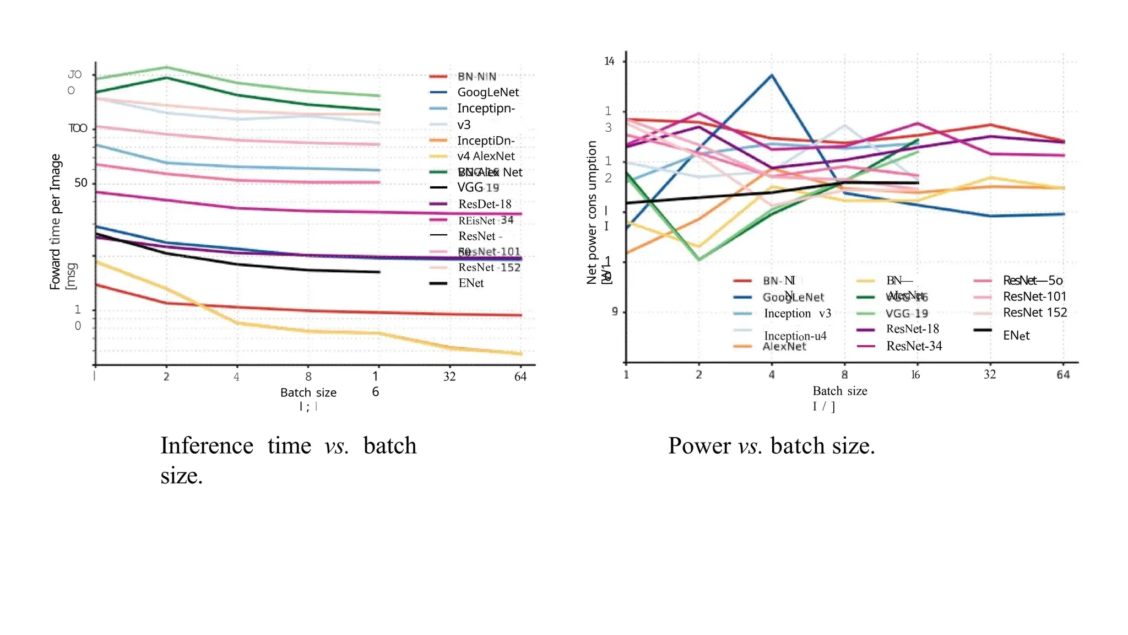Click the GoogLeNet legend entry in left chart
tap(487, 92)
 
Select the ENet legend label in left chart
tap(470, 283)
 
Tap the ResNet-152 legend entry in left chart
tap(489, 267)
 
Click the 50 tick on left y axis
tap(81, 182)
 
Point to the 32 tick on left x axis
tap(449, 376)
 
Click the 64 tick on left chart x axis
tap(520, 376)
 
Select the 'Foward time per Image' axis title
tap(55, 222)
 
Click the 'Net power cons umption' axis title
tap(592, 212)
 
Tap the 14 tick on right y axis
tap(609, 61)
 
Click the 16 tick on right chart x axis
tap(915, 375)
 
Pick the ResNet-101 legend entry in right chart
tap(1034, 297)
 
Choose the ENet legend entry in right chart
tap(1016, 336)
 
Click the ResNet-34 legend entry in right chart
tap(914, 346)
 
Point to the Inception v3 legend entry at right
tap(797, 314)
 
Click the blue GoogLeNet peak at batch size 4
tap(772, 75)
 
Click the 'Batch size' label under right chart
tap(839, 391)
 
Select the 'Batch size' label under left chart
tap(308, 392)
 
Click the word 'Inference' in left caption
tap(207, 445)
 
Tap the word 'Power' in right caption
tap(699, 445)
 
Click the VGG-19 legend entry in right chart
tap(906, 314)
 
